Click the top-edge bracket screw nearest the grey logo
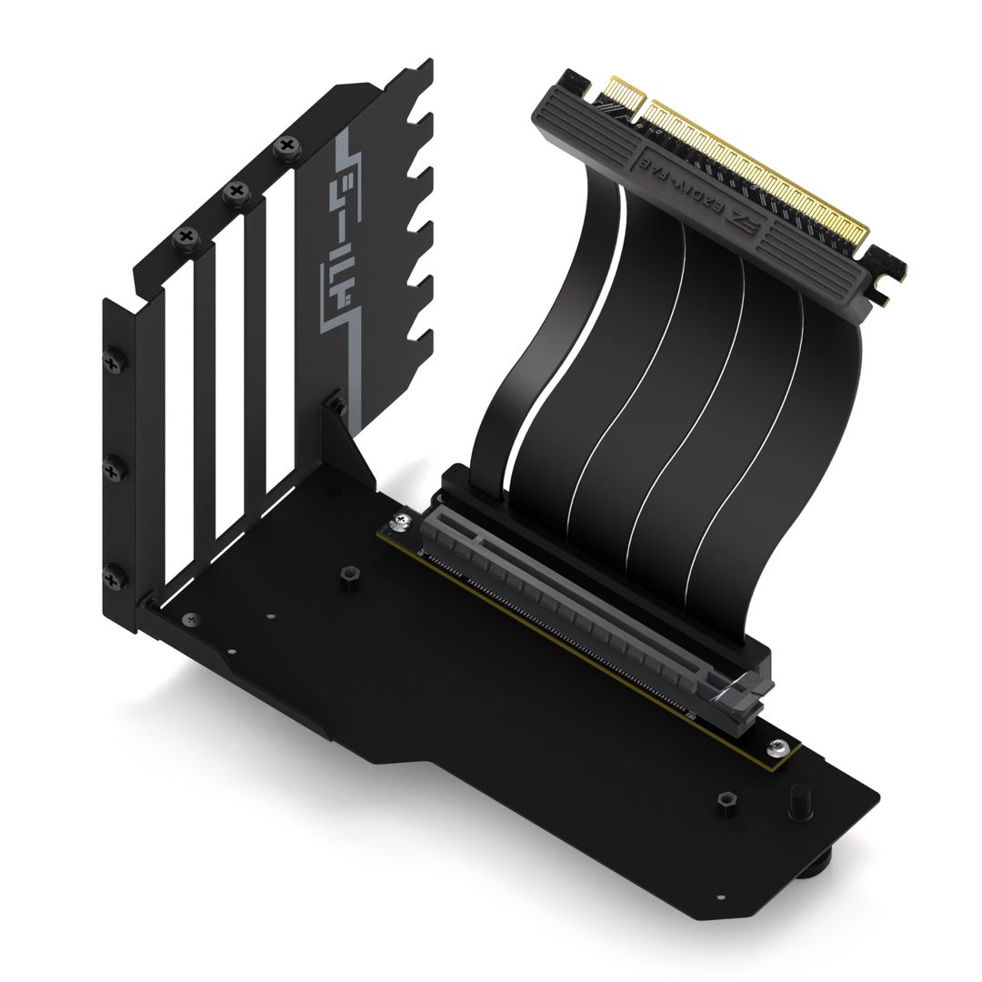pos(287,145)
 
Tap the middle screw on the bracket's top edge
pos(237,191)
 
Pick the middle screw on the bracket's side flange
pos(115,469)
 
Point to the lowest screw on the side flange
pos(115,575)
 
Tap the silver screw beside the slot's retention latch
pos(777,747)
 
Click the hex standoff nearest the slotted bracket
pos(347,576)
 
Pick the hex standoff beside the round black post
pos(726,800)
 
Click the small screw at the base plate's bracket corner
pos(187,619)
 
